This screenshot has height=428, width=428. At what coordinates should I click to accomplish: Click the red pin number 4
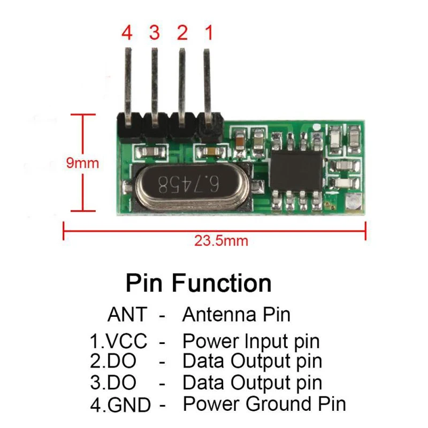[127, 33]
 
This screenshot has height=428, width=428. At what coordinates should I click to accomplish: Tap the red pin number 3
[155, 33]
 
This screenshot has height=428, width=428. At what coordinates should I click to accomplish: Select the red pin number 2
[182, 33]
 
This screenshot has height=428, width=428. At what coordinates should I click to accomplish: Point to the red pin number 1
[209, 33]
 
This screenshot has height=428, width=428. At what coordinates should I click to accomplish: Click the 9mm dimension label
[82, 162]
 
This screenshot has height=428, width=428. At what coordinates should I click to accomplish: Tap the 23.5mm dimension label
[221, 241]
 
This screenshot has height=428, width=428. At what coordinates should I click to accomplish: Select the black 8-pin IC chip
[296, 170]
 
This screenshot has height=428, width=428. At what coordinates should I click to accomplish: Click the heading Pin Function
[198, 282]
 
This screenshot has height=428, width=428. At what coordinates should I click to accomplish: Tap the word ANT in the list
[127, 315]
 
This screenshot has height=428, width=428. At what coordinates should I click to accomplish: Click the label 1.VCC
[118, 341]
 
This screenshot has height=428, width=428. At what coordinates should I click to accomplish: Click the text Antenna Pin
[236, 315]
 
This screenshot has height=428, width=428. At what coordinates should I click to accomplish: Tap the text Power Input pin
[251, 341]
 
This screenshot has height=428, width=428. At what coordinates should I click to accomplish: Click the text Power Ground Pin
[264, 403]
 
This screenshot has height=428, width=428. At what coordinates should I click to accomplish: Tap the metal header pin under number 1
[207, 80]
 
